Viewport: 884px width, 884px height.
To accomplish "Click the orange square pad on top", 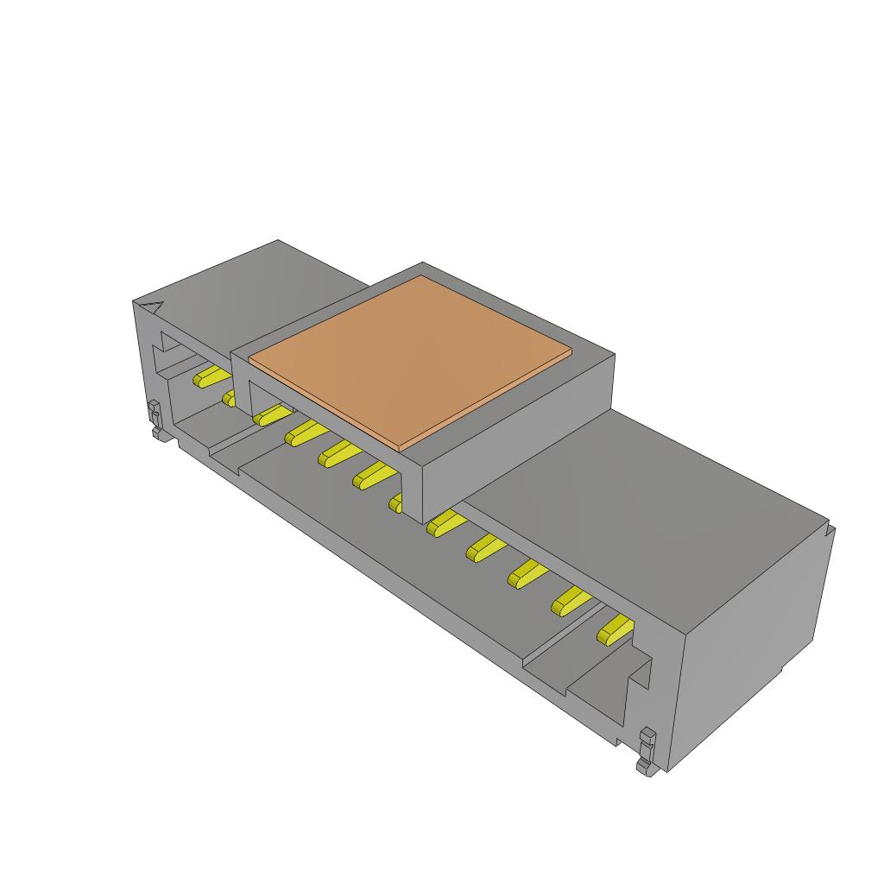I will (409, 358).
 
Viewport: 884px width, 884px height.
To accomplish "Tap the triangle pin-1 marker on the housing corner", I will (152, 306).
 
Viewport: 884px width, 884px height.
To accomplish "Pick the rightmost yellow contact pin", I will (616, 630).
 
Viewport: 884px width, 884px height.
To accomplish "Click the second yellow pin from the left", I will (230, 396).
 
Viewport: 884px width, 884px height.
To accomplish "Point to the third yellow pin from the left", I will (270, 414).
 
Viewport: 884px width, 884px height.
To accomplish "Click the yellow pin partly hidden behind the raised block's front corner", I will (397, 502).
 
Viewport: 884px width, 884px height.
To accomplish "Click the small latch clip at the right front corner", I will (647, 750).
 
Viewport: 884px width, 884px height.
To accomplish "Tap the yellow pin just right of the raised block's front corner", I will (444, 521).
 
